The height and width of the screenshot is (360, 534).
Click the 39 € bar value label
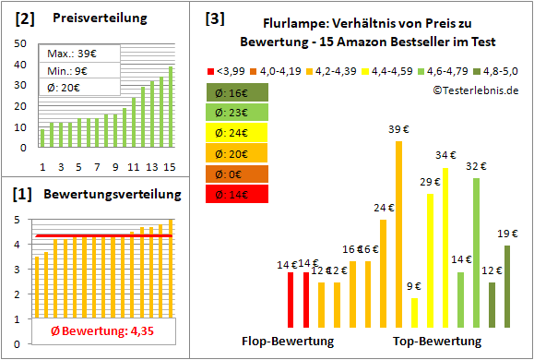click(398, 129)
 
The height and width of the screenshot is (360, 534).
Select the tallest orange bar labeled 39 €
click(398, 231)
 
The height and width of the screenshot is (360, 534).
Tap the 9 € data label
click(414, 285)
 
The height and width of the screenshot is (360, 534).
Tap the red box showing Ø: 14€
click(238, 194)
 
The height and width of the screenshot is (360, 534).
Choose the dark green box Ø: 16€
click(238, 92)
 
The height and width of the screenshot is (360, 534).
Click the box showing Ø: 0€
click(238, 174)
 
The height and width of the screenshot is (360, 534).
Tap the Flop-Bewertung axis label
click(287, 342)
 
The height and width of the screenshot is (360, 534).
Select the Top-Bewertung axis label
click(437, 342)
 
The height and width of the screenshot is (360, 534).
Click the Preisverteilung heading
click(92, 18)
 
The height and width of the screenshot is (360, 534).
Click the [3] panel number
click(215, 18)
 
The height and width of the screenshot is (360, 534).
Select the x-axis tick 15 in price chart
click(169, 167)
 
